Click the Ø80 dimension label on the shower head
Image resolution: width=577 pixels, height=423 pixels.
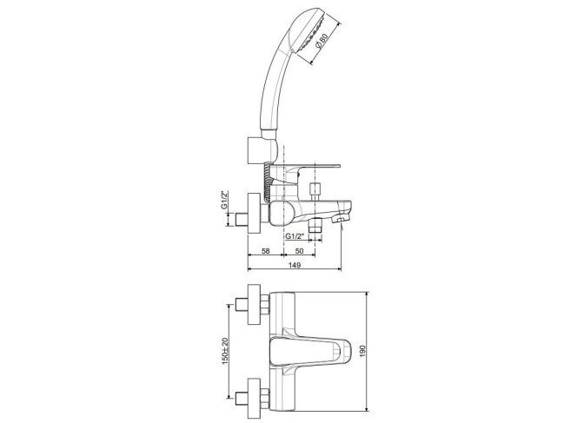[322, 41]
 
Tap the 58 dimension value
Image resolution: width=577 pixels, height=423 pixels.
[265, 251]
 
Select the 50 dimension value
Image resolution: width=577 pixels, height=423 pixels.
[300, 251]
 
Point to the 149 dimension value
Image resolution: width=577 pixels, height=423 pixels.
[295, 265]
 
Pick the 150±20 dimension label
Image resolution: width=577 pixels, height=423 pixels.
[225, 351]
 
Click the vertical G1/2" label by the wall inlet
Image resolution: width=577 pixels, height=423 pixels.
[223, 200]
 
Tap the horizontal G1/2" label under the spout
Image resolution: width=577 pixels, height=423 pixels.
[294, 236]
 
